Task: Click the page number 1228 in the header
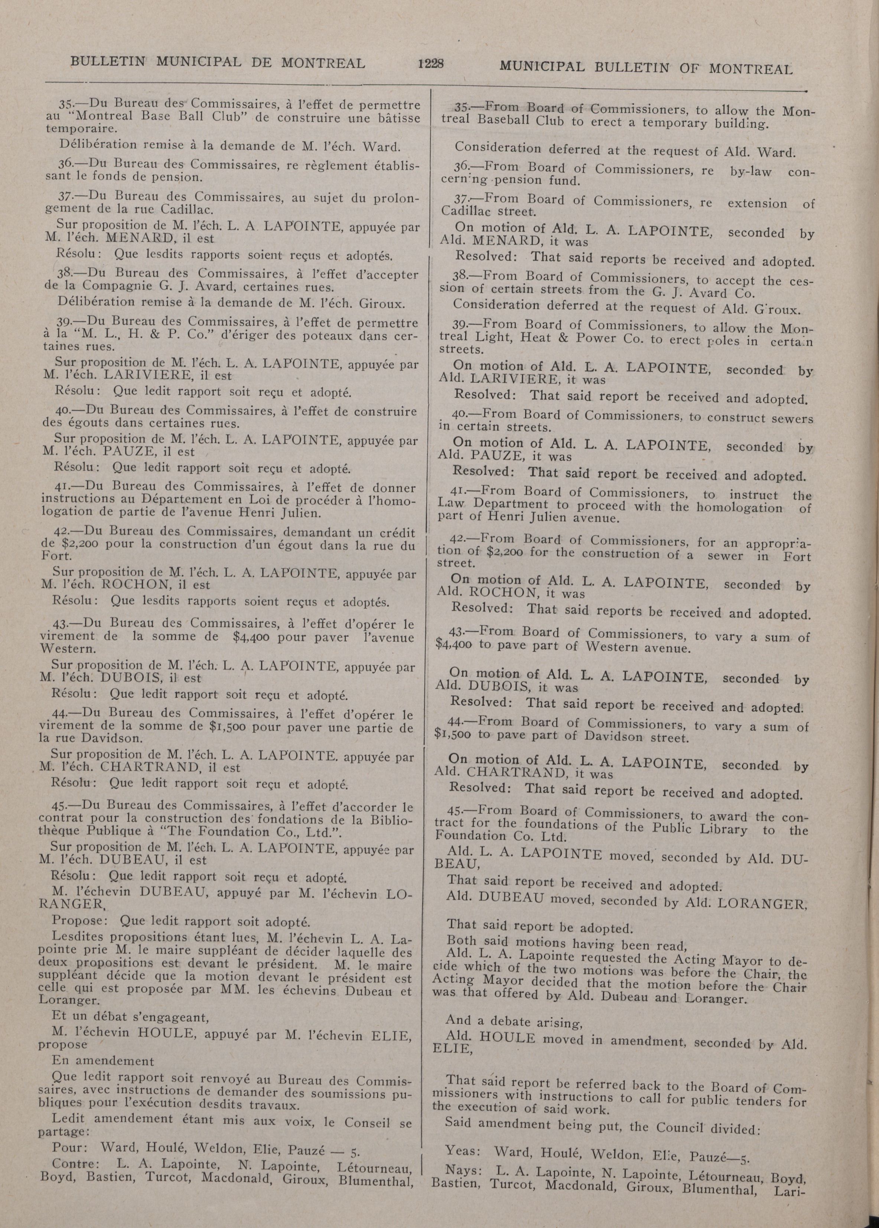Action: tap(430, 64)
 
